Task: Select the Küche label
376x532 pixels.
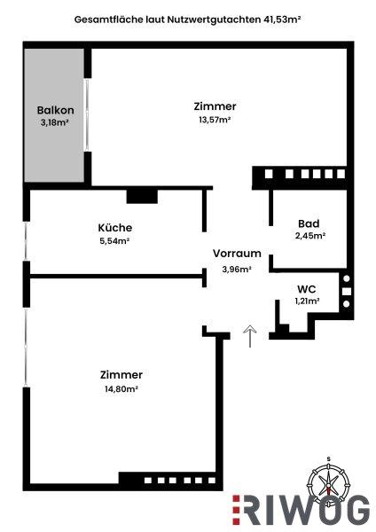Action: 114,226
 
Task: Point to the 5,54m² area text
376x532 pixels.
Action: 114,239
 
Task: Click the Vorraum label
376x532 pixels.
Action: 237,253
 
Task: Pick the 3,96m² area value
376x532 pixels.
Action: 237,269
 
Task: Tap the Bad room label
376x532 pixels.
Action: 309,223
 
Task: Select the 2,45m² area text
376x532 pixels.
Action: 309,237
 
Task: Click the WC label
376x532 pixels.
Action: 307,288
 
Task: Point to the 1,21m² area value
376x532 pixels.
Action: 307,301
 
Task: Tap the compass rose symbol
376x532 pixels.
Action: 329,483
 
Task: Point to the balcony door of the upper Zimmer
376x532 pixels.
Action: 87,114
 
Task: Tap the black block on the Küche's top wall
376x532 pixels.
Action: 141,195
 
